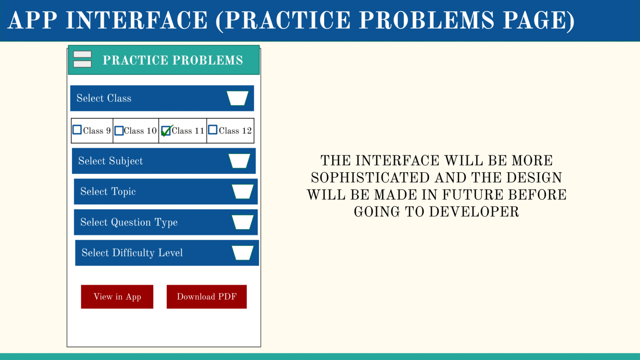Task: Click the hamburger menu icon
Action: coord(82,59)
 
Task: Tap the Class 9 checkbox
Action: coord(77,130)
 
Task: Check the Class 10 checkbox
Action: coord(119,130)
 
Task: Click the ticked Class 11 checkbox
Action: coord(166,130)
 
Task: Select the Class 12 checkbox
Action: coord(212,130)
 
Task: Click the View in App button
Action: coord(117,297)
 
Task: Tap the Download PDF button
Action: coord(207,297)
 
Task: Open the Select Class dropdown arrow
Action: coord(237,98)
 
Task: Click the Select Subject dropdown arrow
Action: coord(240,161)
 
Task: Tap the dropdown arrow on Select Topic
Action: coord(242,191)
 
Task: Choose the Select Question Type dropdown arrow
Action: coord(242,222)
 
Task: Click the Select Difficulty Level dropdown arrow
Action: coord(242,252)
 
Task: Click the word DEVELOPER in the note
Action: coord(474,212)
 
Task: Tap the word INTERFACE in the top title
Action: coord(136,20)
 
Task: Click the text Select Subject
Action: coord(110,161)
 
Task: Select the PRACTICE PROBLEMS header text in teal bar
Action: coord(173,60)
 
